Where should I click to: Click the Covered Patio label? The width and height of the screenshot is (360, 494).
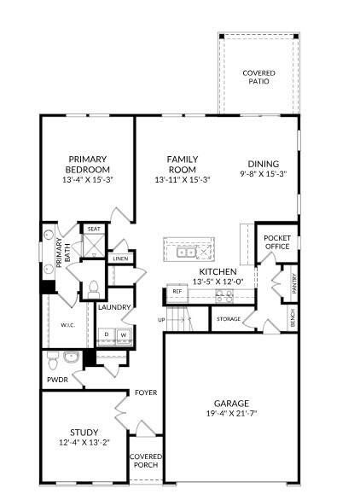pos(258,77)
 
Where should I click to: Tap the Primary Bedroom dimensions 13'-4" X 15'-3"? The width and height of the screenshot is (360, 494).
pos(88,180)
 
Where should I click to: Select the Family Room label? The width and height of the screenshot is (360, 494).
pos(182,160)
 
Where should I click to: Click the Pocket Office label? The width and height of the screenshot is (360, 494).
pos(277,242)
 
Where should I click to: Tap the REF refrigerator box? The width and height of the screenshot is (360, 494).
pos(177,292)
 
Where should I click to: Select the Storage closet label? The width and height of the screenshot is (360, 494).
pos(229,319)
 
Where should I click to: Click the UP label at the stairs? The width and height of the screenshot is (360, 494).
pos(161,320)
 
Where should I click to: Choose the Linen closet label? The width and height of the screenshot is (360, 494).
pos(120,259)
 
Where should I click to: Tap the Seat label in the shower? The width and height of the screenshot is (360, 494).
pos(93,229)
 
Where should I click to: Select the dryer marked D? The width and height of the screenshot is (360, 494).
pos(107,335)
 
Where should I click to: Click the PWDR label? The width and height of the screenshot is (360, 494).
pos(57,380)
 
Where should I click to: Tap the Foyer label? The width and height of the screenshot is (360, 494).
pos(144,392)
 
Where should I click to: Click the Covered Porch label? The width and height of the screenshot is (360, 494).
pos(145,462)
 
